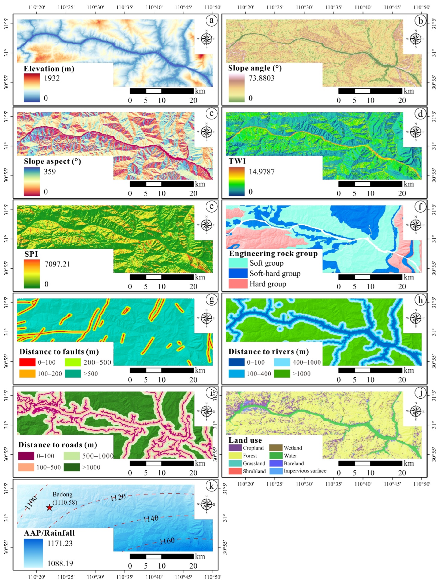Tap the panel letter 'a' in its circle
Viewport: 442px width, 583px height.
tap(211, 20)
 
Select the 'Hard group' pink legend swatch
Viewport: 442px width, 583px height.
tap(238, 284)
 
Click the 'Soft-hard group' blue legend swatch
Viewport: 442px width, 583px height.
tap(238, 273)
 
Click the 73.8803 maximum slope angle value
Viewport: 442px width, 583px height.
tap(262, 78)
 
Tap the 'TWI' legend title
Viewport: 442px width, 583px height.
tap(237, 161)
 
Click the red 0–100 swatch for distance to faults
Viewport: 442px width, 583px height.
tap(27, 362)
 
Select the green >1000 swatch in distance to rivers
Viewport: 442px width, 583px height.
tap(282, 373)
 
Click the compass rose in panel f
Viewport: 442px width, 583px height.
tap(416, 225)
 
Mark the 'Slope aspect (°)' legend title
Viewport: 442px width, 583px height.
tap(52, 161)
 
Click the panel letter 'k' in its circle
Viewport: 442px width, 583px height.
tap(211, 486)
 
